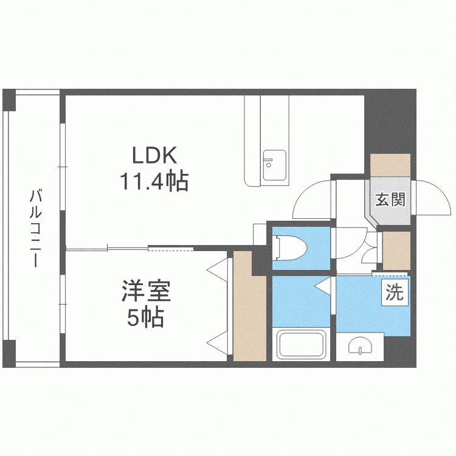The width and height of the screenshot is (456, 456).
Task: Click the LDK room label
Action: click(154, 156)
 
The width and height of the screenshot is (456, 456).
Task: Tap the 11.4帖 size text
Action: click(154, 181)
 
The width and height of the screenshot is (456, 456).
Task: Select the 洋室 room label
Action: click(146, 291)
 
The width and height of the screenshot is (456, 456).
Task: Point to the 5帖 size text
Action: click(146, 317)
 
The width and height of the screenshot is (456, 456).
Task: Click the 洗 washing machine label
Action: click(395, 294)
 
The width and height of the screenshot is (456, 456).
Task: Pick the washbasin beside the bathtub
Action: click(361, 347)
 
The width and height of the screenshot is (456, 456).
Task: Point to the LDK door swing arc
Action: click(312, 201)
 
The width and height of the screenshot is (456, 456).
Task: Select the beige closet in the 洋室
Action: click(250, 307)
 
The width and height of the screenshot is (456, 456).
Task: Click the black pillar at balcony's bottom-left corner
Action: click(9, 353)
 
